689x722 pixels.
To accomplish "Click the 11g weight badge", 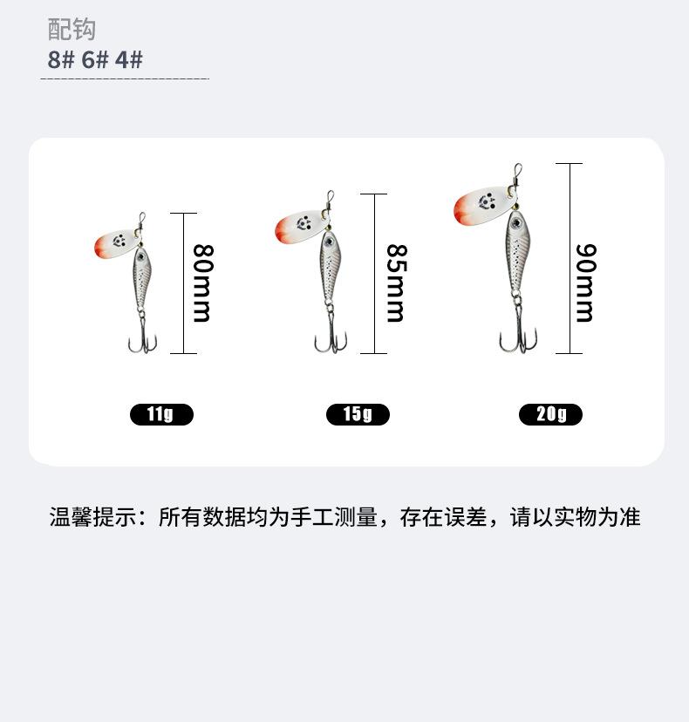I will click(x=161, y=414).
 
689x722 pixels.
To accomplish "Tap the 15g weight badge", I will click(x=358, y=414).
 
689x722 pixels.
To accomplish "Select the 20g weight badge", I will click(x=550, y=414).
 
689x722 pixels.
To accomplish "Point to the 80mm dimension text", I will click(x=202, y=283).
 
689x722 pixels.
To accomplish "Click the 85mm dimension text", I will click(x=395, y=283).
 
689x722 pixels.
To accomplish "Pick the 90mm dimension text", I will click(x=585, y=283).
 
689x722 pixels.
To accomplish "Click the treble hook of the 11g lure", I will click(x=142, y=338).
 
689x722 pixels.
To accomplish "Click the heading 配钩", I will click(x=71, y=31).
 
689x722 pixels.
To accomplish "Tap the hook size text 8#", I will click(x=61, y=60).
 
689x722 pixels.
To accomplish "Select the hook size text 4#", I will click(x=129, y=60).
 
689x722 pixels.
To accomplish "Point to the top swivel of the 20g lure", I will click(x=516, y=174).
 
